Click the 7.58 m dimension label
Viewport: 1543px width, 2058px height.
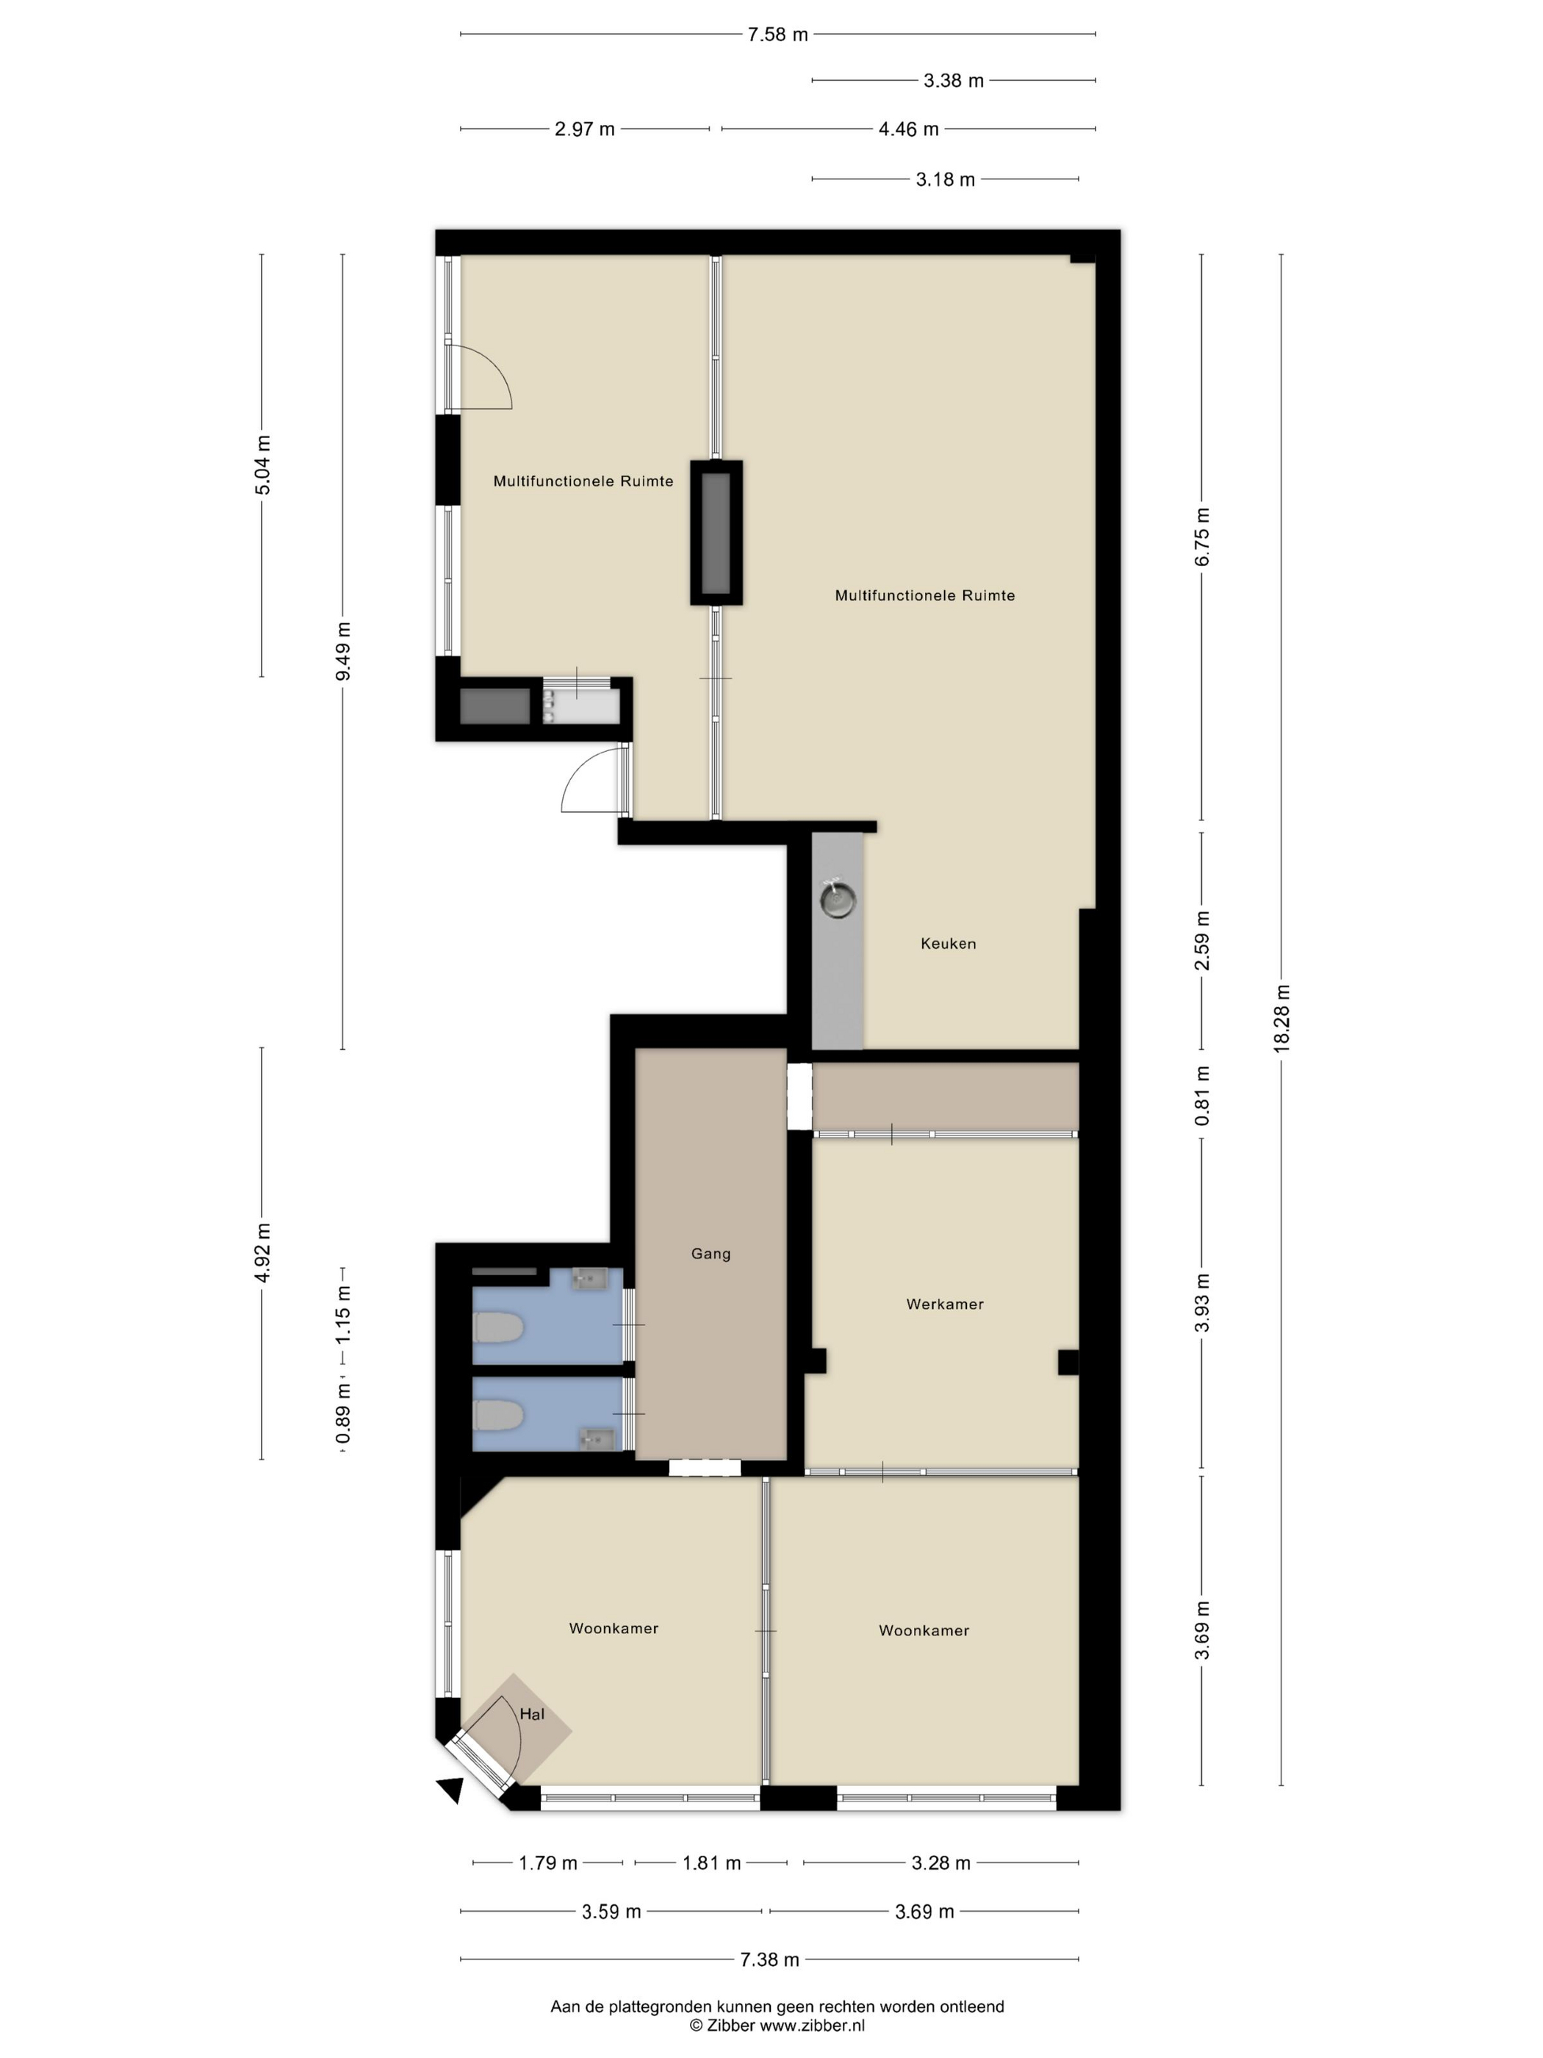pos(777,35)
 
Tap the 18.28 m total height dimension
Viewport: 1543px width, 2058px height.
pos(1281,1019)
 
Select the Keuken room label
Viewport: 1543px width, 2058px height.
pos(948,944)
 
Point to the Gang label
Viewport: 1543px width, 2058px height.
pos(711,1254)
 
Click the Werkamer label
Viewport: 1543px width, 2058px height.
pos(945,1305)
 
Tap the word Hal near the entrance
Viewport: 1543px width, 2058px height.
pos(532,1714)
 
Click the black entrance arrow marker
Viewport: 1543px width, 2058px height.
pos(452,1789)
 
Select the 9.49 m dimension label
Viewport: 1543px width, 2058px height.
pos(343,650)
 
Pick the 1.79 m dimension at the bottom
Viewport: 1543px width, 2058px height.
pos(548,1862)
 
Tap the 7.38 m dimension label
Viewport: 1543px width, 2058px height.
pos(769,1960)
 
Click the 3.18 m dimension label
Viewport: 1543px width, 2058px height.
pos(945,179)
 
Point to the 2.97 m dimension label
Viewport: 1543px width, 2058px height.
pos(584,129)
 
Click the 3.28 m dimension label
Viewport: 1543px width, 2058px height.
pos(940,1862)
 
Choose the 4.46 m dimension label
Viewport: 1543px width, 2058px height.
pos(907,129)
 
